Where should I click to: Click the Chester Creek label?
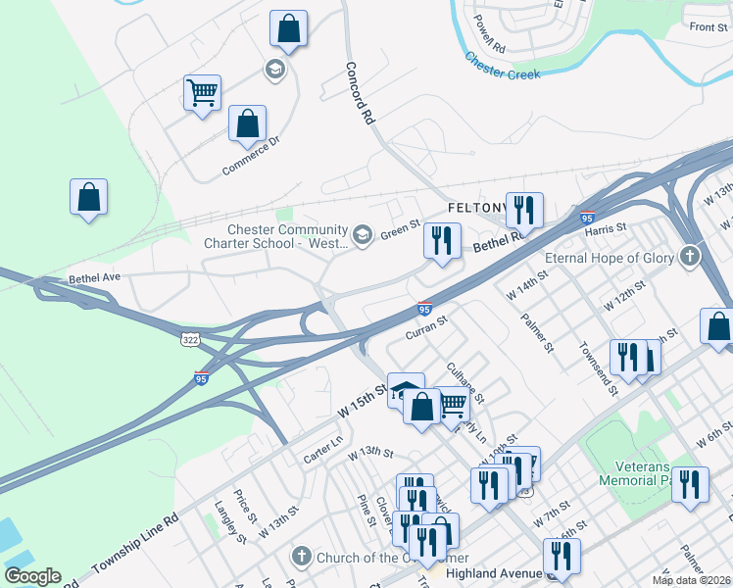(503, 67)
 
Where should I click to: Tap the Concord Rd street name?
(360, 93)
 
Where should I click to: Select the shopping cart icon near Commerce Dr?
(202, 93)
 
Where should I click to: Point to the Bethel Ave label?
(94, 278)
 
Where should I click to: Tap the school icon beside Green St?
(363, 233)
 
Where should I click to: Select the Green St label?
(400, 231)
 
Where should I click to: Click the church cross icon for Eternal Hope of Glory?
(691, 258)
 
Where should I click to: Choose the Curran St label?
(426, 328)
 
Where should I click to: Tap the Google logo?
(32, 576)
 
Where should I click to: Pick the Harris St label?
(605, 227)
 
